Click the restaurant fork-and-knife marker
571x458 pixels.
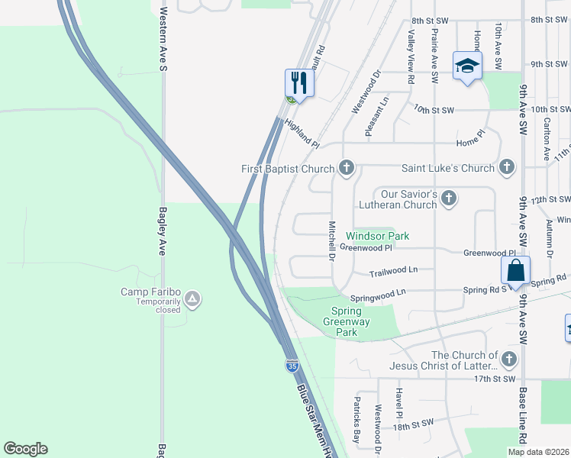click(299, 82)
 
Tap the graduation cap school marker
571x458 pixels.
click(466, 65)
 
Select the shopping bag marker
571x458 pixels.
click(515, 271)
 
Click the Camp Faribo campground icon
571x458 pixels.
click(192, 298)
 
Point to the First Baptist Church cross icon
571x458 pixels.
click(347, 168)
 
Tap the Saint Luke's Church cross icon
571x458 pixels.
click(507, 167)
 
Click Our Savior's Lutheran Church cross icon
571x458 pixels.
click(449, 198)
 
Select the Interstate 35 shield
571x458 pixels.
click(292, 365)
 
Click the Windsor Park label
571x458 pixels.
click(377, 236)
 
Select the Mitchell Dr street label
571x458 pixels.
click(332, 240)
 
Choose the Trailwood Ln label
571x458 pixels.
click(393, 271)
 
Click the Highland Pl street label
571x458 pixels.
click(301, 132)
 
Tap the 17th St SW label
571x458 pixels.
click(495, 379)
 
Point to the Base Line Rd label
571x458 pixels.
click(523, 417)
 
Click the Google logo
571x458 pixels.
click(25, 449)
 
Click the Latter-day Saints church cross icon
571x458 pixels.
click(509, 359)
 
